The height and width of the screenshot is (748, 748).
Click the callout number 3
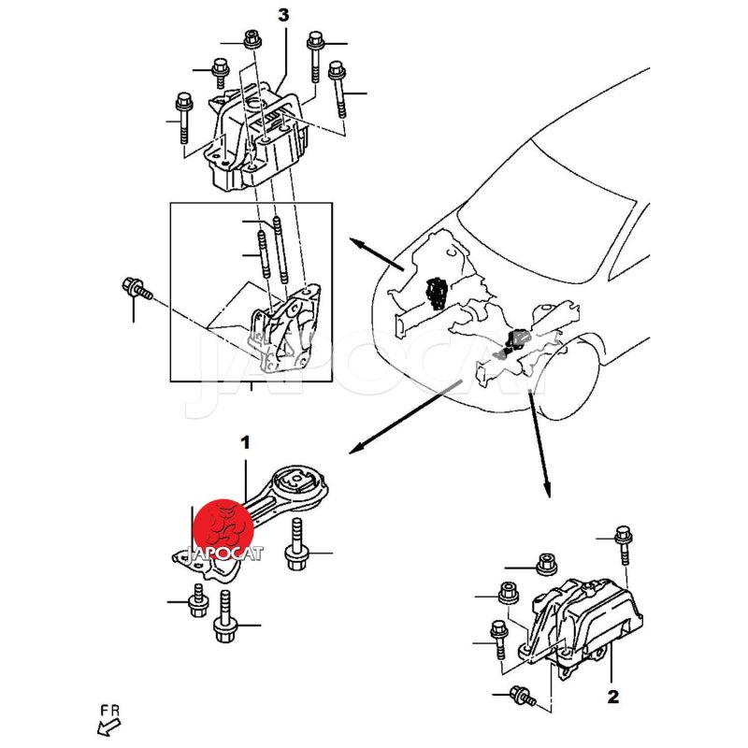[283, 15]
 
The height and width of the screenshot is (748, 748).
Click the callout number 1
[245, 442]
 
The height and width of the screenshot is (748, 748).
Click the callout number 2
[613, 697]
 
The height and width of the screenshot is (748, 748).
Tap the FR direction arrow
[108, 728]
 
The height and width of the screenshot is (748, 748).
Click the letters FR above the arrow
[110, 711]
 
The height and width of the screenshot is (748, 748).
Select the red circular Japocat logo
[223, 528]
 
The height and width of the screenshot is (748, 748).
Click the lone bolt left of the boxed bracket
[137, 288]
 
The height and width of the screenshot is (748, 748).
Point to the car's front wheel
[567, 377]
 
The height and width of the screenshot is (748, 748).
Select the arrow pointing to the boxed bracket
[377, 254]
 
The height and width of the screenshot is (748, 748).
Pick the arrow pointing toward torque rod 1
[406, 416]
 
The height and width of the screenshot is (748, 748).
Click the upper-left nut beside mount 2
[547, 564]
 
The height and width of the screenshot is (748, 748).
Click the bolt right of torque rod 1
[295, 544]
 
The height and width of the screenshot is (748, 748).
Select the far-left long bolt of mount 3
[183, 118]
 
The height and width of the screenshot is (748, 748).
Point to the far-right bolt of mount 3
[338, 89]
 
